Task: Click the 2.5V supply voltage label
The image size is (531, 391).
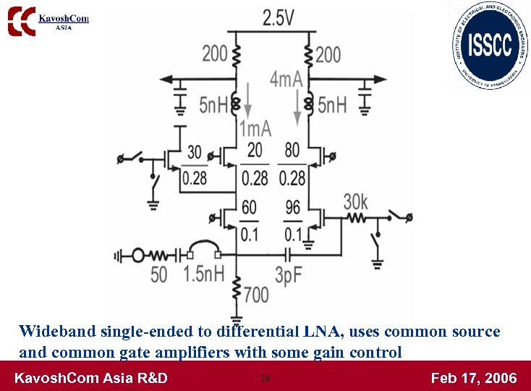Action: tap(278, 17)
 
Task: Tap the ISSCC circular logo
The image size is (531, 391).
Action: tap(490, 45)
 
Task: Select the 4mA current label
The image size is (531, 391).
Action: tap(286, 79)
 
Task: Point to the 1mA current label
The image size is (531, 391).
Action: tap(255, 129)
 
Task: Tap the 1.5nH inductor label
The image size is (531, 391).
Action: tap(203, 274)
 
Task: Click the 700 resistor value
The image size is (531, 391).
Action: tap(256, 293)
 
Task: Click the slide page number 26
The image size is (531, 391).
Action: tap(265, 378)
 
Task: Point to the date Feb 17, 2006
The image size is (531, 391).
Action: tap(474, 378)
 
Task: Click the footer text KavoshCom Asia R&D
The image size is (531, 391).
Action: tap(91, 378)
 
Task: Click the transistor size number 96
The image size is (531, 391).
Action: tap(293, 209)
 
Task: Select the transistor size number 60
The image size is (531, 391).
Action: tap(249, 209)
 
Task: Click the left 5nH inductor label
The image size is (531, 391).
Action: tap(213, 105)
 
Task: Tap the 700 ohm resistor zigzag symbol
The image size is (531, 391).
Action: tap(237, 292)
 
